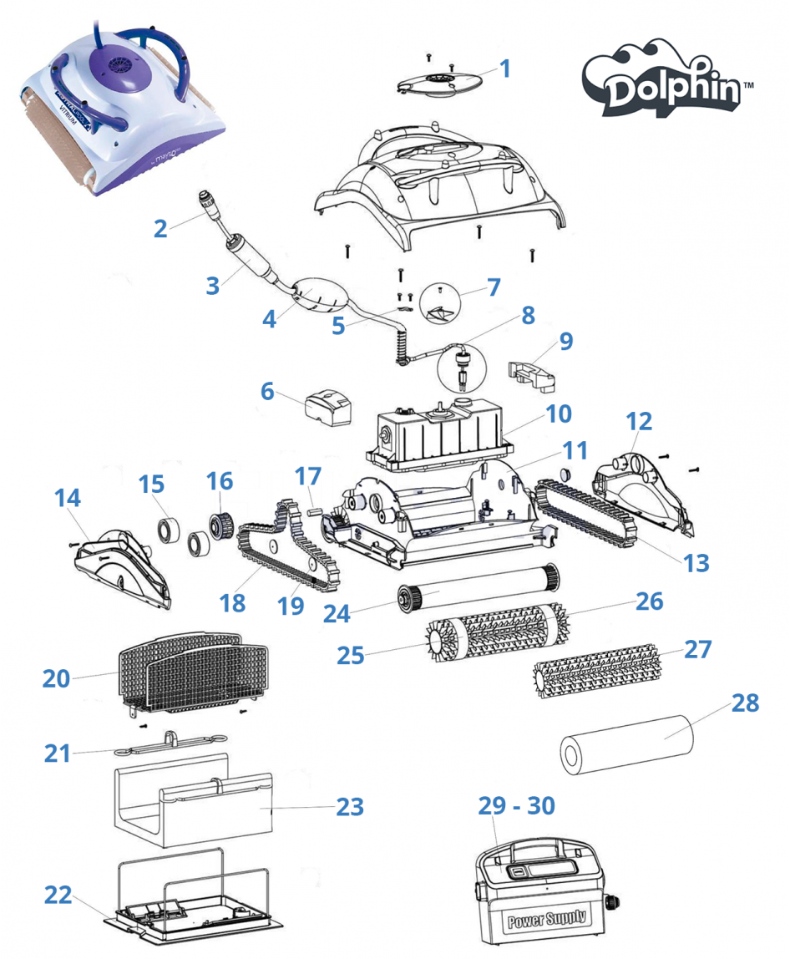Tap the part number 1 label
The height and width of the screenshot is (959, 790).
(x=504, y=66)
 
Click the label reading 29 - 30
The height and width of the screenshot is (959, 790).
(x=516, y=805)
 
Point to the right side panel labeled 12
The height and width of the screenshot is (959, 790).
(x=643, y=493)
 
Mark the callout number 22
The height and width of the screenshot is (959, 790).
(x=58, y=894)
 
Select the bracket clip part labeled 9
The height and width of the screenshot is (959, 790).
(x=533, y=374)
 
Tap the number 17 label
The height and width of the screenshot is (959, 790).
(x=307, y=477)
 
